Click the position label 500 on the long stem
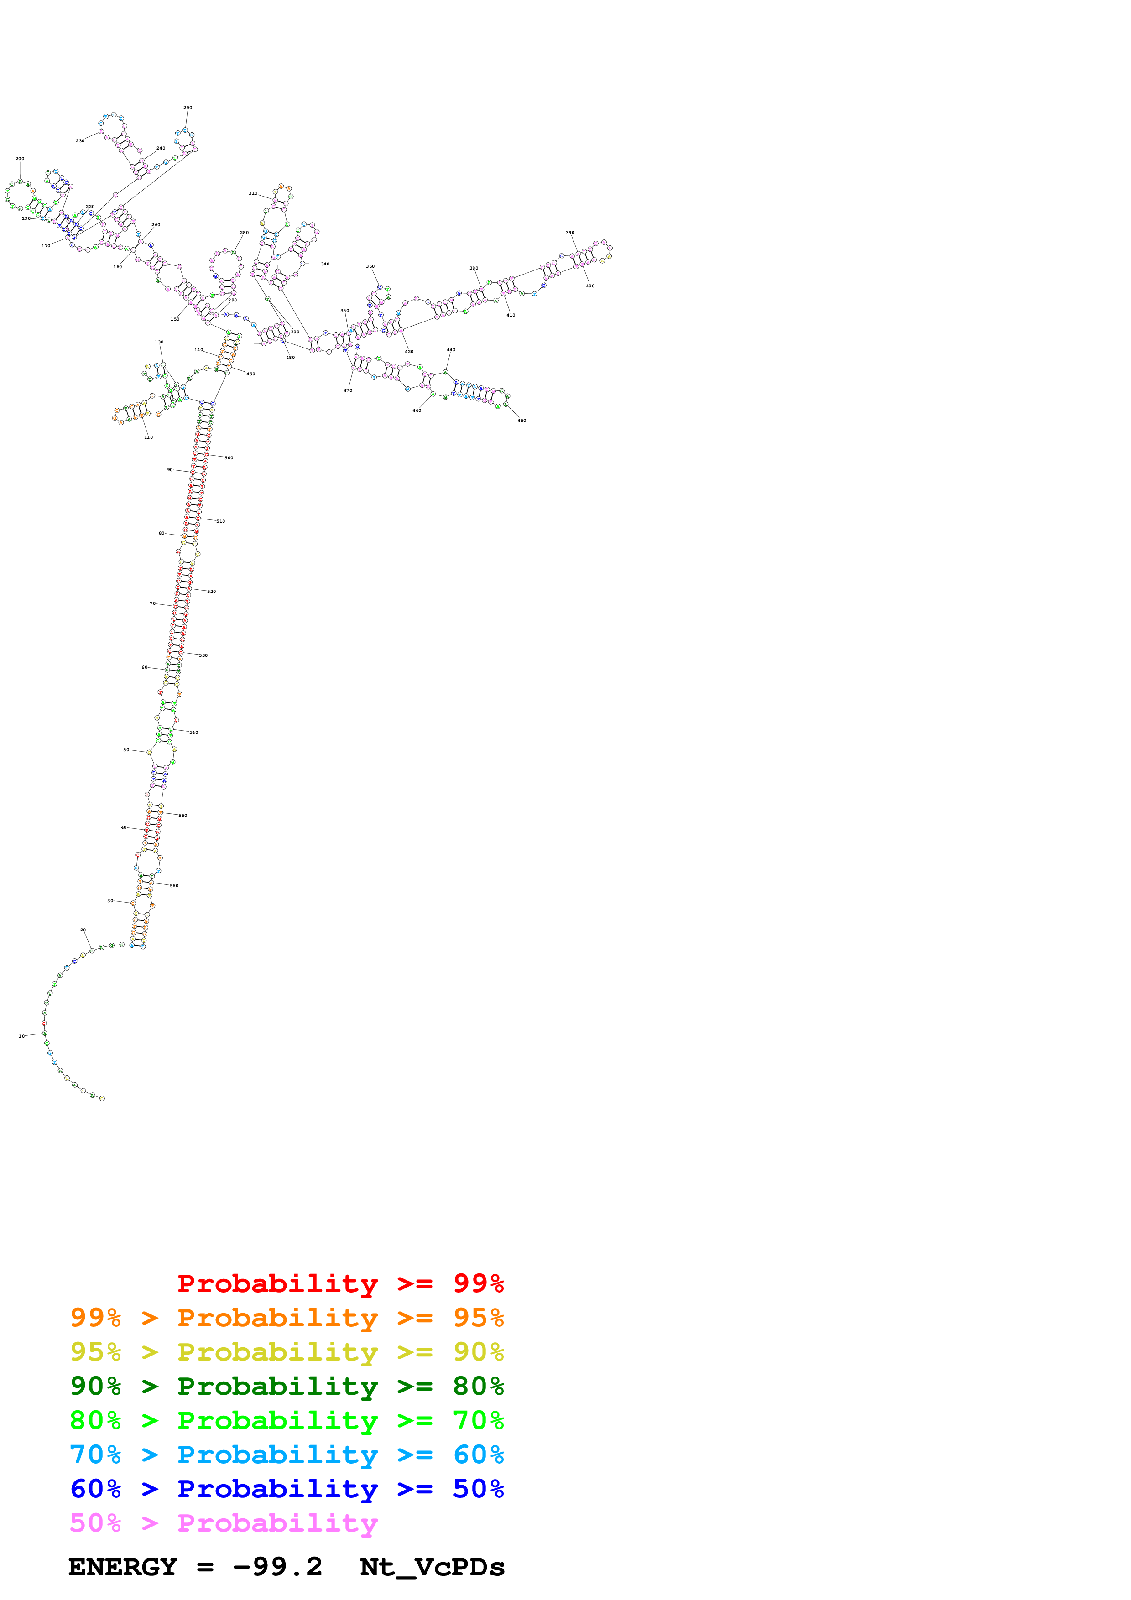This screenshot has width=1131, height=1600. tap(229, 458)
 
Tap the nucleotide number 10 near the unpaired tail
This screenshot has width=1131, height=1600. tap(21, 1036)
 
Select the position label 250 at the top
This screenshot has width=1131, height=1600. tap(188, 108)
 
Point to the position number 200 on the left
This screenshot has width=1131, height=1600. tap(20, 159)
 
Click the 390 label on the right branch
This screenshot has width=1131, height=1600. tap(570, 233)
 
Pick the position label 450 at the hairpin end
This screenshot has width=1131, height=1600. tap(522, 421)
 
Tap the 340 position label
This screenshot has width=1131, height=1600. tap(325, 264)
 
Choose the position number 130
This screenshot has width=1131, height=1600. tap(159, 342)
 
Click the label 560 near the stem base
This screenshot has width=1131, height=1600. tap(174, 886)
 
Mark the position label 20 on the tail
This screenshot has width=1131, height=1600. tap(83, 930)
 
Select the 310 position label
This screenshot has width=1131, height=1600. tap(253, 194)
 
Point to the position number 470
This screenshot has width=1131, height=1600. tap(348, 391)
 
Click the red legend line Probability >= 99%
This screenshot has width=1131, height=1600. tap(340, 1283)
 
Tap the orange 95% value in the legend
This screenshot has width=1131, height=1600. tap(478, 1318)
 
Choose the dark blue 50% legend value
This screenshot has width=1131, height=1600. tap(478, 1489)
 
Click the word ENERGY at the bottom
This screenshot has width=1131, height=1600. tap(123, 1567)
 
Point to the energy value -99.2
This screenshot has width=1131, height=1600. tap(277, 1567)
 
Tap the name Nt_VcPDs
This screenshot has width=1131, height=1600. tap(432, 1567)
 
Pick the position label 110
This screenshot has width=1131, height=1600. tap(148, 438)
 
